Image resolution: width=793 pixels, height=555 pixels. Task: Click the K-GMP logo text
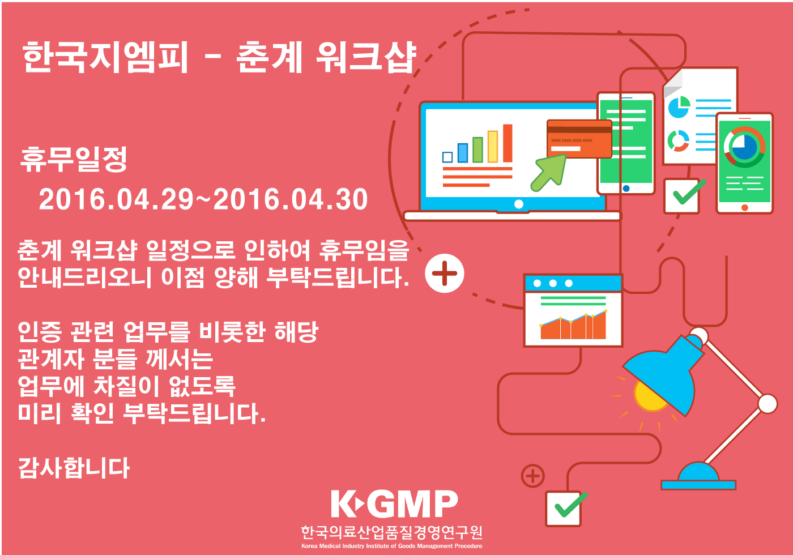394,503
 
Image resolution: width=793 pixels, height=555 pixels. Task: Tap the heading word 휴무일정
74,160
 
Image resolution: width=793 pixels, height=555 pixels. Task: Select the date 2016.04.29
117,199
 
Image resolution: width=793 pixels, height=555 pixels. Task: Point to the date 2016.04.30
291,199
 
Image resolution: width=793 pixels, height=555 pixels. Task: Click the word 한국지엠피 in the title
105,57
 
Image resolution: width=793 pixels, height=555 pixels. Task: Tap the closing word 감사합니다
74,468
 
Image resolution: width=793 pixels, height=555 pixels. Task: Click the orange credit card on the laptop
579,139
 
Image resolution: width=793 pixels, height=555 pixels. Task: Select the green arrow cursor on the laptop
548,173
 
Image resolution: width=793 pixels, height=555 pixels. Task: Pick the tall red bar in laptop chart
508,143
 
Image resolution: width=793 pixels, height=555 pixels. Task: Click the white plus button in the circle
445,273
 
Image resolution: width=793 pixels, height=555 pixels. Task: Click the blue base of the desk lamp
698,476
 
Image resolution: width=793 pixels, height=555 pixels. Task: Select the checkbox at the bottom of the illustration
564,509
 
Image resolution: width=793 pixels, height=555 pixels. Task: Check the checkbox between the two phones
682,196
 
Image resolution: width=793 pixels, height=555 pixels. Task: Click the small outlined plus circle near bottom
533,476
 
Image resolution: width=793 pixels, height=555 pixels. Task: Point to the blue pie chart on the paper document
679,107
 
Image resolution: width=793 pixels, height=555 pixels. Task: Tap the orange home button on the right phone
744,208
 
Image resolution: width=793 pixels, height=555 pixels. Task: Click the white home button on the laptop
519,204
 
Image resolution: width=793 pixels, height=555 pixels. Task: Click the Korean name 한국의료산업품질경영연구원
391,532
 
